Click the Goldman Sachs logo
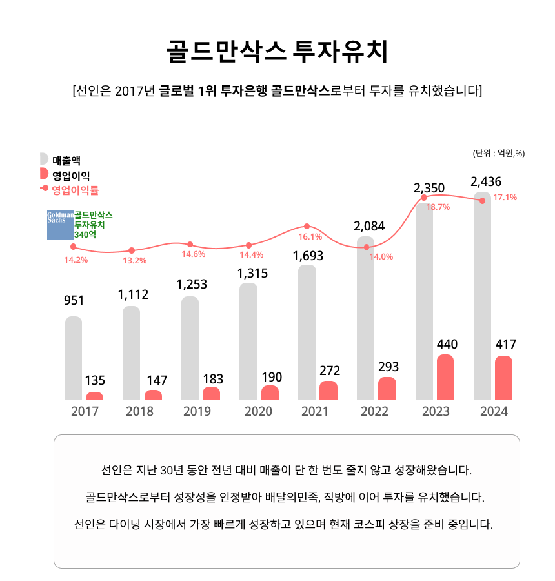[x=60, y=224]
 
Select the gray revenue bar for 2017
[x=74, y=358]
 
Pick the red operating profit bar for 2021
[x=328, y=390]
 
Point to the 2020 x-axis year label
[x=259, y=411]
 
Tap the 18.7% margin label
[x=438, y=207]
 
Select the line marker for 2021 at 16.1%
[x=307, y=227]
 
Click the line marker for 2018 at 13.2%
[x=132, y=250]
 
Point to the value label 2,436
[x=486, y=181]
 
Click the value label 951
[x=74, y=300]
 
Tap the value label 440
[x=447, y=344]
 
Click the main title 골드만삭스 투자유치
[x=277, y=52]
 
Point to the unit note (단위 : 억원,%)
[x=499, y=153]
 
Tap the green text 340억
[x=85, y=235]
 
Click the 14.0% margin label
[x=381, y=256]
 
